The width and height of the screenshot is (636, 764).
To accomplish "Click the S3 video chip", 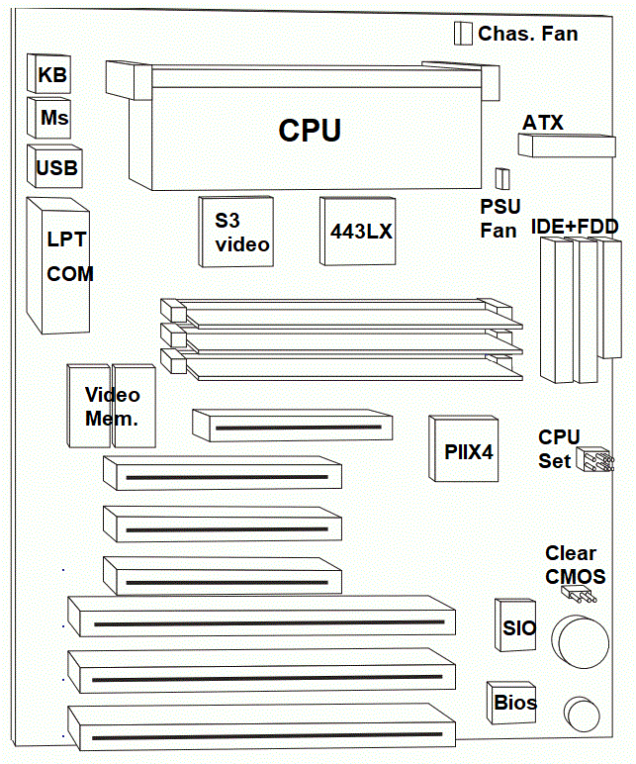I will coord(237,232).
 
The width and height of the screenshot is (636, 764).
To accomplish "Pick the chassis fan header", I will coord(462,34).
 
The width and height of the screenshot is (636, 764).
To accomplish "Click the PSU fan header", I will coord(501,178).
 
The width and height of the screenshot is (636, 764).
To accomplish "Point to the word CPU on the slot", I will coord(310,130).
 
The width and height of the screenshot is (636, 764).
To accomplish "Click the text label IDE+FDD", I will coord(575,227).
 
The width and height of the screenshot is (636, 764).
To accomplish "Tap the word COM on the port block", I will coord(70,273).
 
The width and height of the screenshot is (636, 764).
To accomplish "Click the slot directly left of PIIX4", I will coord(294,428).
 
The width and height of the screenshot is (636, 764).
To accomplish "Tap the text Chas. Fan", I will coord(528,34).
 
